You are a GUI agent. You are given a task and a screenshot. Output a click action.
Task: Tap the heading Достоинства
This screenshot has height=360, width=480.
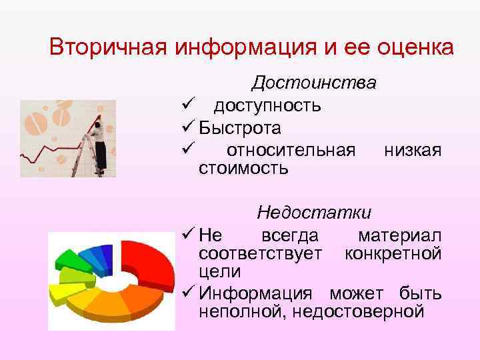pyautogui.click(x=314, y=83)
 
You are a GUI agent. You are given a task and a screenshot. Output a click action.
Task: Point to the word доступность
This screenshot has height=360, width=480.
pyautogui.click(x=267, y=105)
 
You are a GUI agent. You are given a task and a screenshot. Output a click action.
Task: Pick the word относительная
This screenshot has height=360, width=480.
pyautogui.click(x=291, y=150)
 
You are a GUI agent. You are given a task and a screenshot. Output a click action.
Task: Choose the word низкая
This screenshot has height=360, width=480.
pyautogui.click(x=413, y=150)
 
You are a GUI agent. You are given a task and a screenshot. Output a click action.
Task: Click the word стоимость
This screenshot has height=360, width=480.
pyautogui.click(x=243, y=168)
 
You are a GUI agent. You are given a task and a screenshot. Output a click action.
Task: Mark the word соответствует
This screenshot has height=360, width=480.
pyautogui.click(x=261, y=254)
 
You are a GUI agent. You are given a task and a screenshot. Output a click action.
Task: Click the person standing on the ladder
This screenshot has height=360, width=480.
pyautogui.click(x=100, y=140)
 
